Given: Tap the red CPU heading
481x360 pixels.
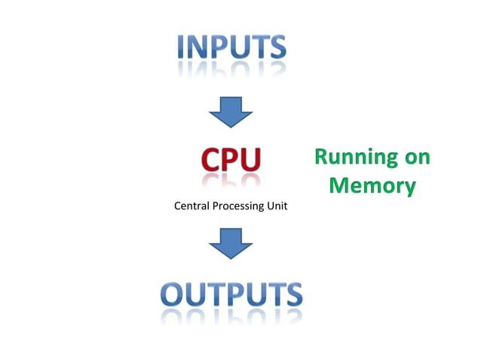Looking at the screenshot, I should [x=231, y=159].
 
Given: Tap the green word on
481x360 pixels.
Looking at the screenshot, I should [x=419, y=157].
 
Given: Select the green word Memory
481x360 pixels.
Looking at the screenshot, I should [x=372, y=185].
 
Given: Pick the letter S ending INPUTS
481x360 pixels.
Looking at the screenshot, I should [x=277, y=47].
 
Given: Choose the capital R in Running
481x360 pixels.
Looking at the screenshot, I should [x=320, y=157].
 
